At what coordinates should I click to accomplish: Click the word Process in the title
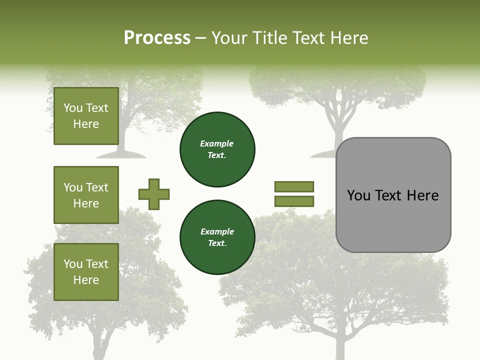click(157, 38)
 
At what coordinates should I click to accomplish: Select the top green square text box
click(86, 116)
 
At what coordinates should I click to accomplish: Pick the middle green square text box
click(86, 195)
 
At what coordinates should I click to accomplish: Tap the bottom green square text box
click(86, 272)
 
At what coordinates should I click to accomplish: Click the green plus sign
click(154, 194)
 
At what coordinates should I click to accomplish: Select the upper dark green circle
click(217, 149)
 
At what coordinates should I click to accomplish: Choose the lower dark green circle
click(217, 237)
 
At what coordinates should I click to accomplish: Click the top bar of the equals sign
click(294, 186)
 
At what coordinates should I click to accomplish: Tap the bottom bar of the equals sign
click(294, 201)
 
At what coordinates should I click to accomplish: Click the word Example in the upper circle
click(217, 144)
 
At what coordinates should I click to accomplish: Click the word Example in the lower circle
click(217, 232)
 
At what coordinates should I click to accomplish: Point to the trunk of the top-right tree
click(336, 130)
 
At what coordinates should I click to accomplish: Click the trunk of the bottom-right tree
click(340, 345)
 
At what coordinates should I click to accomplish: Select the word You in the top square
click(73, 108)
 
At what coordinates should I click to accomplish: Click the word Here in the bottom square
click(86, 280)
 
